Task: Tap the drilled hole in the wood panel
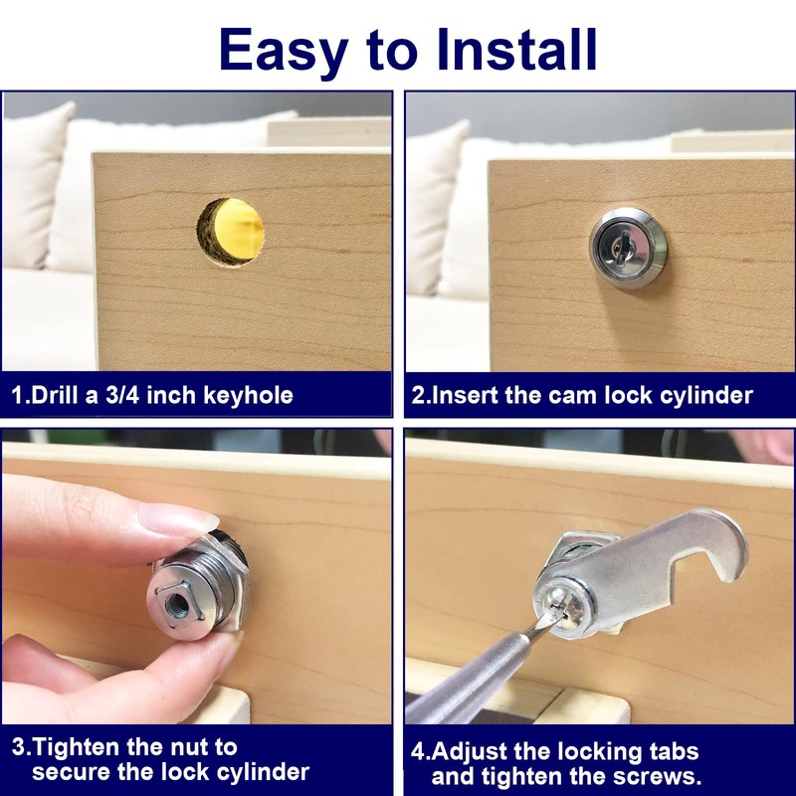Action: [236, 231]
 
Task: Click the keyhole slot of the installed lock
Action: [628, 243]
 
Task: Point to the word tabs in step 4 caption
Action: [673, 751]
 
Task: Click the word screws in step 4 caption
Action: [658, 775]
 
